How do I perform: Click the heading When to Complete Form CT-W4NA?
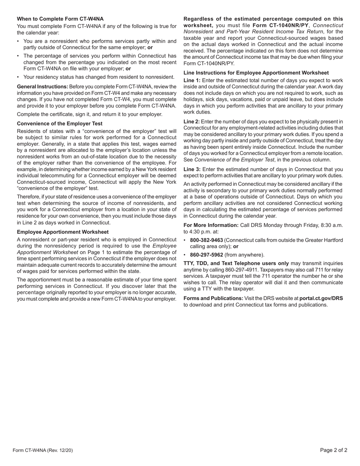60,19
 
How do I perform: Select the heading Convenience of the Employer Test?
59,124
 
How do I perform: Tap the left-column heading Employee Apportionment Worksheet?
63,232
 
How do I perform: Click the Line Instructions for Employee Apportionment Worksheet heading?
256,73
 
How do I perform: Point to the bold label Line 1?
192,80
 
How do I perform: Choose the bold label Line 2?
192,122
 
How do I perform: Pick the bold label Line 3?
192,169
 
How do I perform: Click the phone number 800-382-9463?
206,240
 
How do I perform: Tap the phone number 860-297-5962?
206,255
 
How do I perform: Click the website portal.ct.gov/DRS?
321,298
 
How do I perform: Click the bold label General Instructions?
42,87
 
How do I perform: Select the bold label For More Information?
211,225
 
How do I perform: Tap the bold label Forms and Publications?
213,298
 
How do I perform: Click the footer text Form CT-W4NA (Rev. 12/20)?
42,450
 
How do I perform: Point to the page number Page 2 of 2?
333,450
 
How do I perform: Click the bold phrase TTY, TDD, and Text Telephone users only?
236,263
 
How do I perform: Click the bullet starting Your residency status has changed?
99,77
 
